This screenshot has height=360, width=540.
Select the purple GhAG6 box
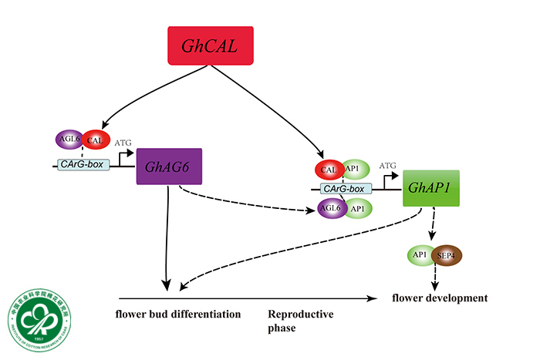click(169, 166)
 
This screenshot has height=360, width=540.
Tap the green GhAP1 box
click(430, 188)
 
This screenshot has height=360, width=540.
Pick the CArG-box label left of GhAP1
click(346, 188)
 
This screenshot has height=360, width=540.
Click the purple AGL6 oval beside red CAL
click(68, 140)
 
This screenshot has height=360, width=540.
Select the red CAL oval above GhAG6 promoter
click(95, 140)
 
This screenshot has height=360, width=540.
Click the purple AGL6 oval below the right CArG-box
click(333, 207)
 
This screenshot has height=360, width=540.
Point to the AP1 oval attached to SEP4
click(421, 254)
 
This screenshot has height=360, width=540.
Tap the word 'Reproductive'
click(301, 315)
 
